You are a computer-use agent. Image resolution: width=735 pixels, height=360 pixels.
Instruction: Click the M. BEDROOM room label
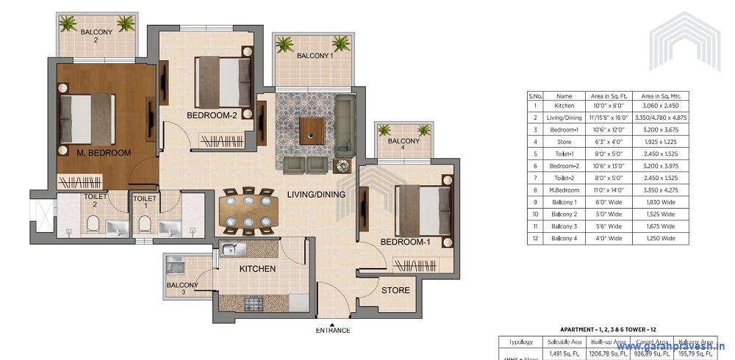(104, 153)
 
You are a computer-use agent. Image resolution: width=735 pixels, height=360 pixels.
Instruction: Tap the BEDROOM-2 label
(212, 115)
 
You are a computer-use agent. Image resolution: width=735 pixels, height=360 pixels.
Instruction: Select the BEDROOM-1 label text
(405, 242)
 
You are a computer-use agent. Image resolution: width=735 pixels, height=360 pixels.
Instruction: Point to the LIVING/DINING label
(306, 193)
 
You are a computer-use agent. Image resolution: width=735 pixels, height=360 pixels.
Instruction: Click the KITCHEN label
(257, 269)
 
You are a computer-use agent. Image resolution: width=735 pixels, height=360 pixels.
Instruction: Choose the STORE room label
(395, 290)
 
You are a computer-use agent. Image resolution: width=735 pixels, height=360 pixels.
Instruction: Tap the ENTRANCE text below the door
(334, 331)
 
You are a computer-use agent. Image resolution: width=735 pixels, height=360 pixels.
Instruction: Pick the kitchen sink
(234, 251)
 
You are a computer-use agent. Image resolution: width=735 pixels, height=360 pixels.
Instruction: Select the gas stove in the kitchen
(254, 302)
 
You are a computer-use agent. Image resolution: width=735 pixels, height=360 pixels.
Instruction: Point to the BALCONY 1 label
(315, 56)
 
